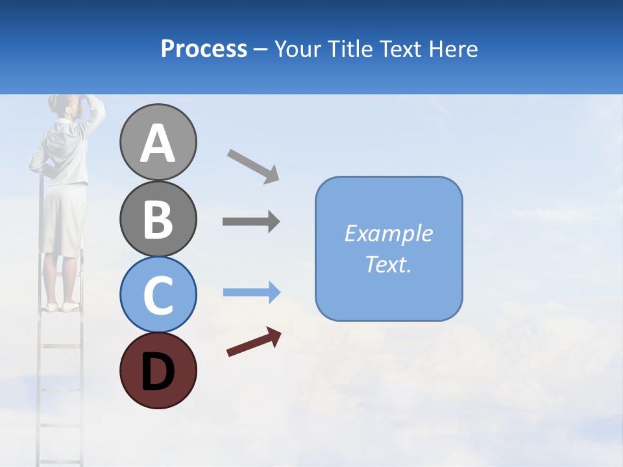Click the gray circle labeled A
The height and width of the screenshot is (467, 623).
(x=158, y=143)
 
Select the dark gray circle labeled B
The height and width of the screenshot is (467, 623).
(x=158, y=219)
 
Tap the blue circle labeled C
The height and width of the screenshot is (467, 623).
(x=158, y=294)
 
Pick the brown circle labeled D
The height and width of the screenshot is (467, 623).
(x=158, y=370)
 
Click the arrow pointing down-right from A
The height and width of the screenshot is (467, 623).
(x=253, y=166)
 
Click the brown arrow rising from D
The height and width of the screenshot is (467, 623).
(x=254, y=342)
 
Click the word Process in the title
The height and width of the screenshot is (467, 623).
(x=204, y=49)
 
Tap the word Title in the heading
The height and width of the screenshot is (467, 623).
(x=350, y=49)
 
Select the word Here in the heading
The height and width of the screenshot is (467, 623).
(x=454, y=49)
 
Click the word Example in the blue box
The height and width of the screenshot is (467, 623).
(x=388, y=233)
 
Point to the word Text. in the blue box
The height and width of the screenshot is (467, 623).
(x=388, y=265)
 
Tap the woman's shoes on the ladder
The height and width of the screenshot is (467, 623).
(x=62, y=306)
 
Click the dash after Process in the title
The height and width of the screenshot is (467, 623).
(x=261, y=49)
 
